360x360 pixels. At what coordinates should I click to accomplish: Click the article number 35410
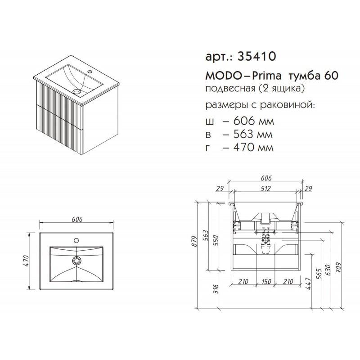pos(256,56)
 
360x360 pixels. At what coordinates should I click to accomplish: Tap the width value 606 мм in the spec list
pos(253,121)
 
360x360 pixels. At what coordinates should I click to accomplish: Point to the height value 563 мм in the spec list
pos(253,134)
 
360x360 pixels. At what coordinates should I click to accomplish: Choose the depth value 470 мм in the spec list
pos(253,147)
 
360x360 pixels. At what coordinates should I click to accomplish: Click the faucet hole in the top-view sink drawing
pos(76,241)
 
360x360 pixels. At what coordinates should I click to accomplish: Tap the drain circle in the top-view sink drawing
pos(76,260)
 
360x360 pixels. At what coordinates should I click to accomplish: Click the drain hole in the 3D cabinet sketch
pos(76,92)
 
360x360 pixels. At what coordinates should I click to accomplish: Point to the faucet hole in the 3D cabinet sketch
pos(89,71)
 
